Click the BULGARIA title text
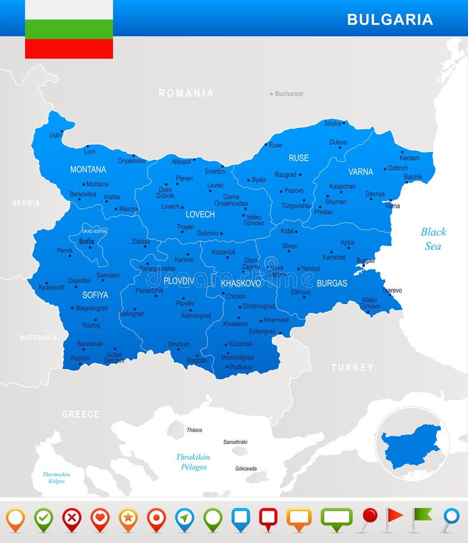tap(390, 19)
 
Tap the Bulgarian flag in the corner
tap(69, 29)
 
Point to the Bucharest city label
tap(289, 94)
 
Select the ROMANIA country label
tap(186, 93)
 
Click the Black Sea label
tap(433, 239)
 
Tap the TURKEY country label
tap(352, 367)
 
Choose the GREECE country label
tap(80, 414)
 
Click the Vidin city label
tap(55, 135)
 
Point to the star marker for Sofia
tap(90, 247)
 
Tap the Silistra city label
tap(332, 123)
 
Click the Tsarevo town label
tap(391, 290)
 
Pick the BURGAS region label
tap(332, 282)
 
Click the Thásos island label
tap(194, 430)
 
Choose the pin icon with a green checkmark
tap(43, 518)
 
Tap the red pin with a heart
tap(100, 518)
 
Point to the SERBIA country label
tap(26, 203)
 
